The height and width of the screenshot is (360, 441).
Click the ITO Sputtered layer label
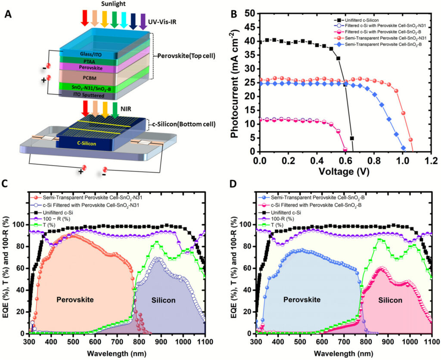(89, 96)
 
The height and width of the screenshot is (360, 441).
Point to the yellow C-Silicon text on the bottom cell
(87, 144)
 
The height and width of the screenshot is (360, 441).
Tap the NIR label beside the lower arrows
(126, 109)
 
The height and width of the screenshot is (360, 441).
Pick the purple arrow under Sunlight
(143, 22)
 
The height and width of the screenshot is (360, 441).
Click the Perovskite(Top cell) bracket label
(186, 56)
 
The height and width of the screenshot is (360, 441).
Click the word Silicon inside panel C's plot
(163, 301)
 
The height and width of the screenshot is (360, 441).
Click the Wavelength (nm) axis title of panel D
(343, 353)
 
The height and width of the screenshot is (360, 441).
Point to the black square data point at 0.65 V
(351, 138)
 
